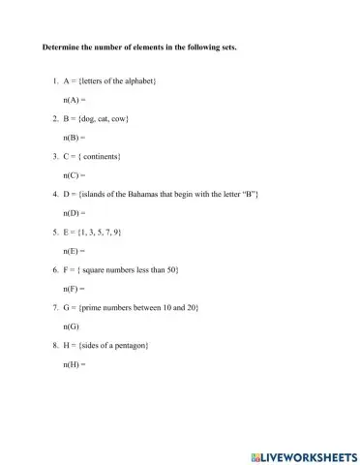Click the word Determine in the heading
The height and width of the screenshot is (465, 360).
point(58,46)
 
